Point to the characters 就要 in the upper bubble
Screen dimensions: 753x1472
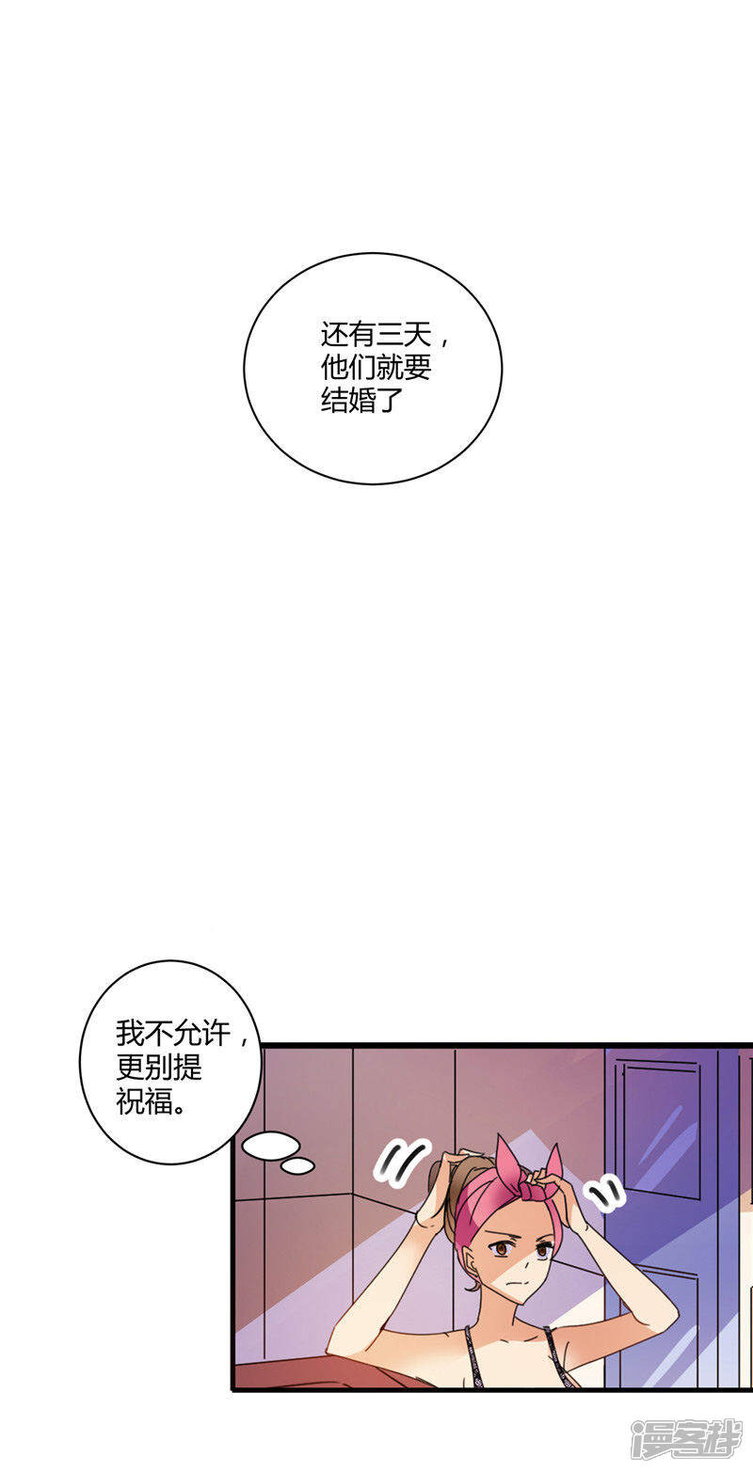click(x=404, y=368)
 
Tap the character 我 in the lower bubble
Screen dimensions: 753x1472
click(x=130, y=1034)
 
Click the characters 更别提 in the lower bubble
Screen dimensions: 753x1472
click(x=159, y=1068)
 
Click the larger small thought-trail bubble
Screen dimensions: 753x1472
click(x=271, y=1145)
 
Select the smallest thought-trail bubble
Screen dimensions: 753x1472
click(x=298, y=1166)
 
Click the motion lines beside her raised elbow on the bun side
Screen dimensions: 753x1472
click(x=402, y=1160)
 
